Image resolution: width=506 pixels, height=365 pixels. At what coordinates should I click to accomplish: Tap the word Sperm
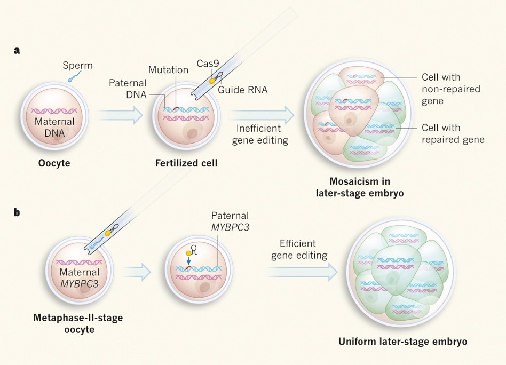[x=77, y=66]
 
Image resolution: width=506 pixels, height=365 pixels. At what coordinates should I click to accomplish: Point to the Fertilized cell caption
[x=186, y=163]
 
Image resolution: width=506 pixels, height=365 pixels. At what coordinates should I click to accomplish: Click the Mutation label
[x=168, y=70]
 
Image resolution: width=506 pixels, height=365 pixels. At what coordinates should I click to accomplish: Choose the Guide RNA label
[x=242, y=90]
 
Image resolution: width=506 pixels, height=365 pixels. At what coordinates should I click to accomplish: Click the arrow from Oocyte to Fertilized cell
[x=120, y=114]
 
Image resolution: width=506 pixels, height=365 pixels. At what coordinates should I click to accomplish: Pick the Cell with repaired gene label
[x=453, y=133]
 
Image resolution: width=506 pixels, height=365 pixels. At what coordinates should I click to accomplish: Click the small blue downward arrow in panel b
[x=190, y=261]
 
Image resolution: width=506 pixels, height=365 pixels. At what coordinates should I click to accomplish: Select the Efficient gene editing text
[x=299, y=249]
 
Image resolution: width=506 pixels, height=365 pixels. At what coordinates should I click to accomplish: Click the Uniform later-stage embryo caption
[x=402, y=341]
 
